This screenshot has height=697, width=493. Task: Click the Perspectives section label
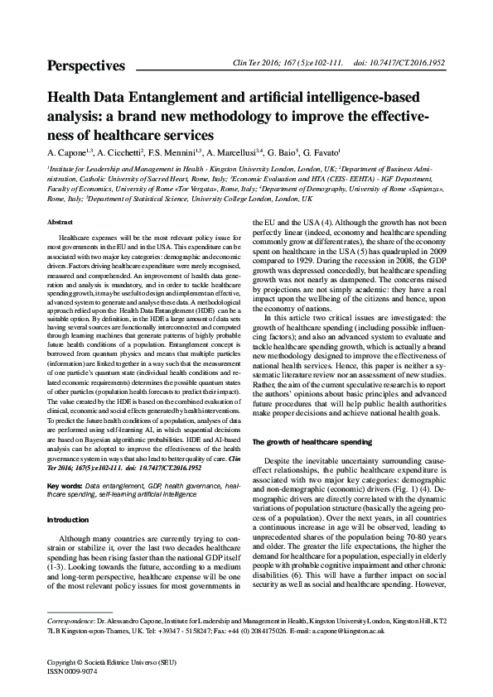[86, 66]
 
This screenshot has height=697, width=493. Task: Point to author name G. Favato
[317, 153]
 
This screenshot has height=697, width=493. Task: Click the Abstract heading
[61, 224]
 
